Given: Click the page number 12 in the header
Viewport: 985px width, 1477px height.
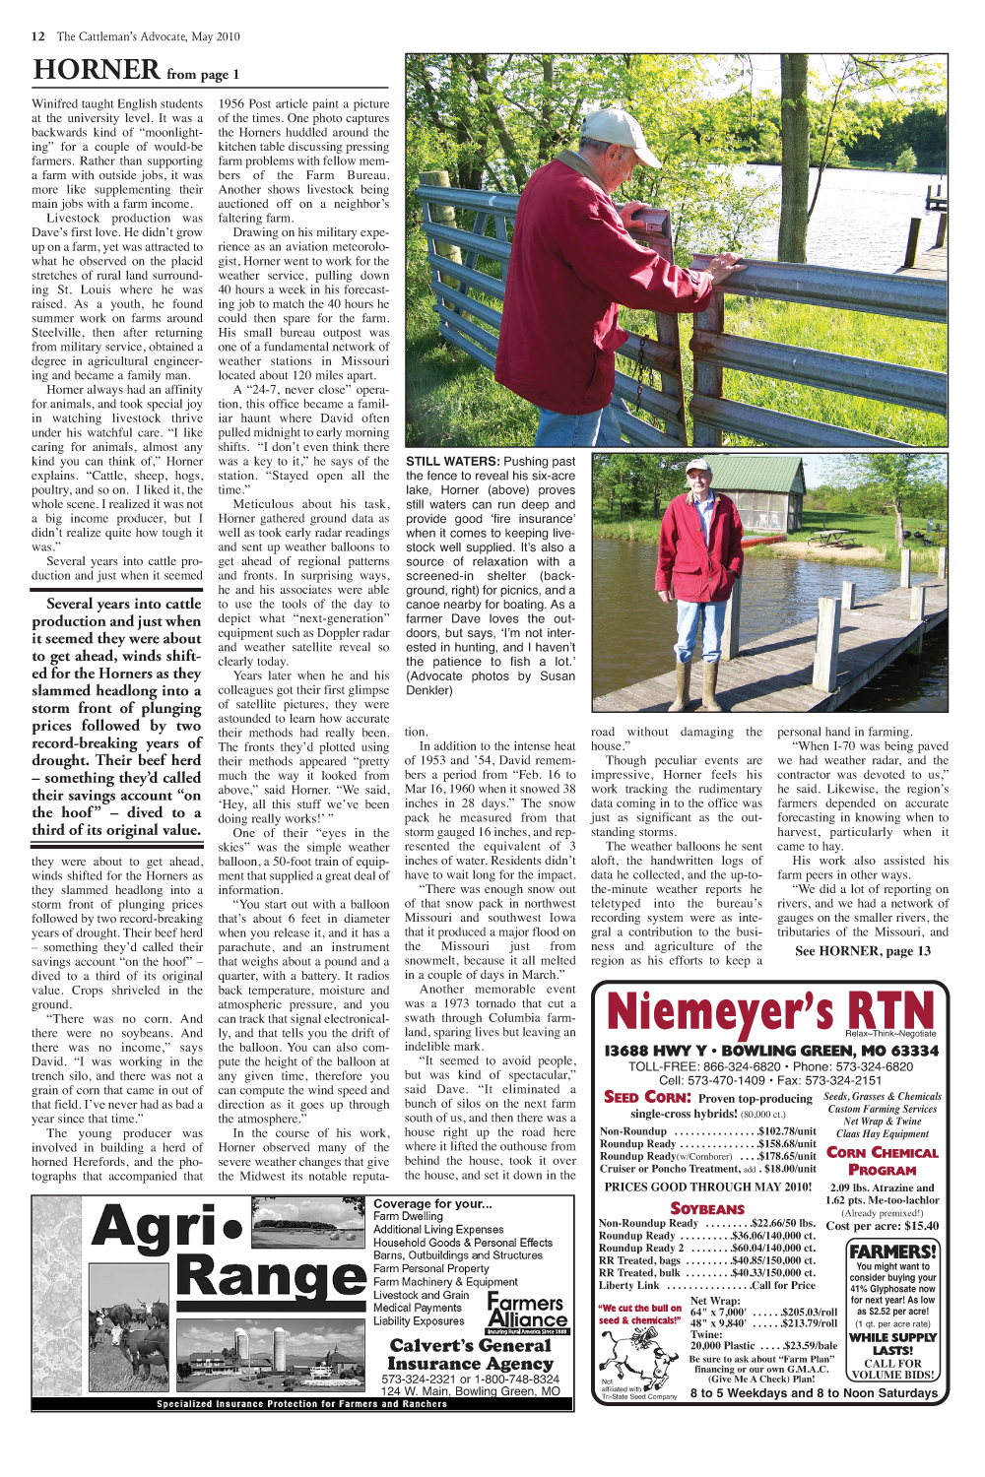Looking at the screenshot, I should (x=38, y=36).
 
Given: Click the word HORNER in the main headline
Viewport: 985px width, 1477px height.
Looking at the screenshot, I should (x=96, y=71).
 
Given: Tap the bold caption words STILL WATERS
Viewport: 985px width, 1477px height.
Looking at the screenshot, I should (x=451, y=462).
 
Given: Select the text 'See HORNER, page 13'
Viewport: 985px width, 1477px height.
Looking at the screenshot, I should (x=862, y=950).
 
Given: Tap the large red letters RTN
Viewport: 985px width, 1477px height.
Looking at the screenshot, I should (x=890, y=1012).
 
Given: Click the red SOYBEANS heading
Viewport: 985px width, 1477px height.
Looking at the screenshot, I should (x=707, y=1208).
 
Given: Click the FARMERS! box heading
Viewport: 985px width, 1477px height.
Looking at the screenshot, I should (x=892, y=1252).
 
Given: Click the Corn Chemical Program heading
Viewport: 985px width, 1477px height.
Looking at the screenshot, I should (x=882, y=1161).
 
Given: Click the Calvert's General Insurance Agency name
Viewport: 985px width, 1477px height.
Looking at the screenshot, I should (x=470, y=1354).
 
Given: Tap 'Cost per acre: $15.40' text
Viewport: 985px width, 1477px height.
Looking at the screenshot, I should (x=882, y=1226).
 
